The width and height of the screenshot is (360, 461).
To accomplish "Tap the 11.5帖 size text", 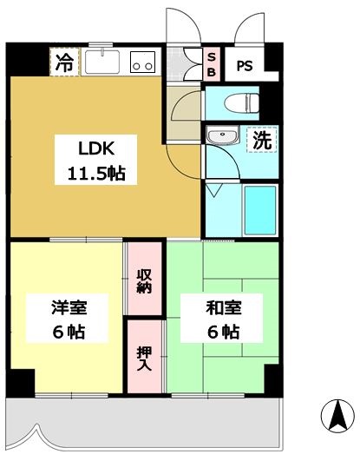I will point(91,173).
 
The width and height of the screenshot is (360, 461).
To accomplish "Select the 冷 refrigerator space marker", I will point(64,62).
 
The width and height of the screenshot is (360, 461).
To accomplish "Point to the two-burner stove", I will point(141,62).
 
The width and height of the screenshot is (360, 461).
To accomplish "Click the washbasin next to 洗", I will point(223,138).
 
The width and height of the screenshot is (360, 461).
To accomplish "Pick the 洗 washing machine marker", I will point(261,140).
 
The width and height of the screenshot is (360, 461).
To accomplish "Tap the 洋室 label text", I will point(67,307).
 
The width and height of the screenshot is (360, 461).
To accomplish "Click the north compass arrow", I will point(337,415).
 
